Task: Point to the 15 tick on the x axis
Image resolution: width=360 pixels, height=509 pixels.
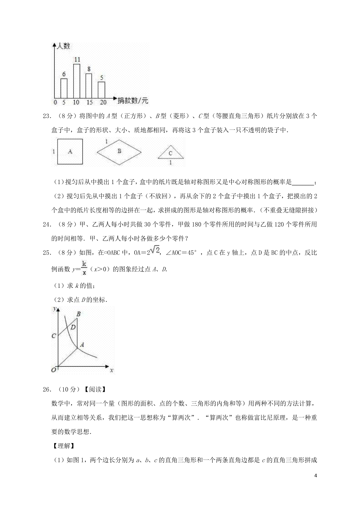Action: (x=89, y=102)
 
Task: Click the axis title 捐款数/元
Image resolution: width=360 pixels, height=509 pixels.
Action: (x=133, y=101)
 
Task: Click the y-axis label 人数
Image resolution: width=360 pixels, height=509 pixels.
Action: (x=63, y=46)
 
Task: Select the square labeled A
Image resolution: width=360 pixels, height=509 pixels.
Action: (x=70, y=152)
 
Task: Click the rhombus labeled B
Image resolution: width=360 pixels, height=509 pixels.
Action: (x=119, y=152)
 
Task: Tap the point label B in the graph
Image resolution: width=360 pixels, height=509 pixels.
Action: (x=79, y=314)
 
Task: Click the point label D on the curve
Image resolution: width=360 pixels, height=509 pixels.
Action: (x=73, y=327)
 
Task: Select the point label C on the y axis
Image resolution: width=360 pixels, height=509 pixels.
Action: (x=54, y=336)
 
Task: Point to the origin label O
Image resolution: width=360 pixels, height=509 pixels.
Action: (x=54, y=370)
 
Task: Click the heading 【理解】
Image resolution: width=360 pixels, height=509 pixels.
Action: (x=63, y=446)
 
